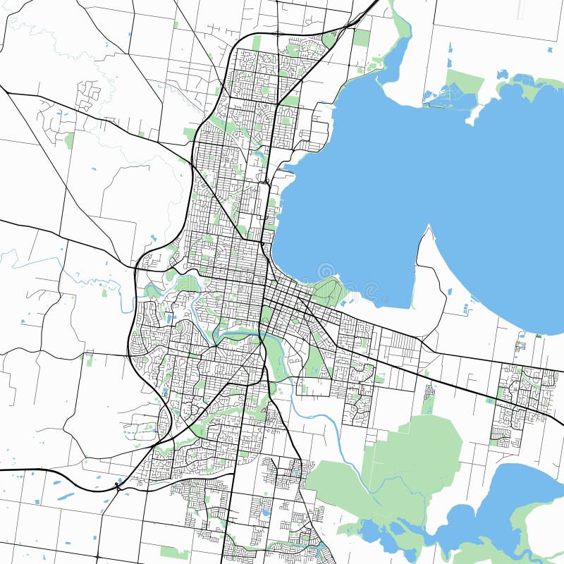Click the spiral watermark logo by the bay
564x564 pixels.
click(326, 271)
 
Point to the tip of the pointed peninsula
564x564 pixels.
click(429, 228)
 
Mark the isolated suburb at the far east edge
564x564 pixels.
click(522, 395)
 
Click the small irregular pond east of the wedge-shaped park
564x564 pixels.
click(502, 74)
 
